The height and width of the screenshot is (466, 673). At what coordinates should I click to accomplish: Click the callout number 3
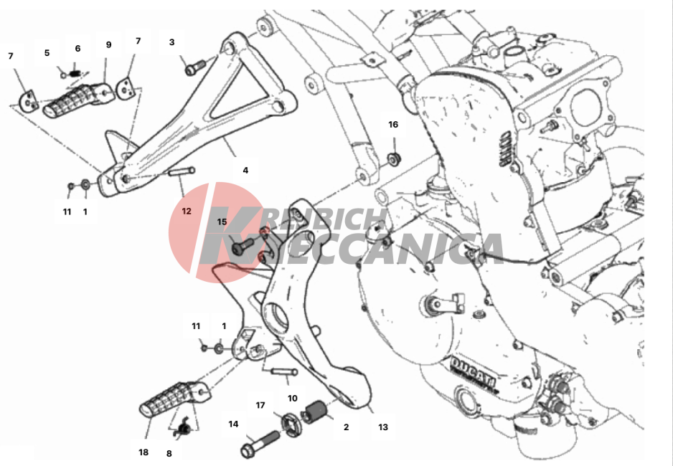click(171, 42)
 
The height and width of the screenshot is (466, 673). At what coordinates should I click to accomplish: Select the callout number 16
click(393, 124)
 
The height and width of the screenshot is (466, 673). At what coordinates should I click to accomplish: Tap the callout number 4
click(245, 170)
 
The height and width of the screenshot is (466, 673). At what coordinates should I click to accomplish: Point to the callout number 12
click(187, 211)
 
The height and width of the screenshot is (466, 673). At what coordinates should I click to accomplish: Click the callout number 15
click(222, 222)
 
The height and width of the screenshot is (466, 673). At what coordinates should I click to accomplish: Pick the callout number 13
click(383, 427)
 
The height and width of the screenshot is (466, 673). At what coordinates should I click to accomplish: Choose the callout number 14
click(233, 424)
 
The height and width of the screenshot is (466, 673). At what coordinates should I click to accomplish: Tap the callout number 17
click(260, 405)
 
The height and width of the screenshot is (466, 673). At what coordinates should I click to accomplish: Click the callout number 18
click(143, 452)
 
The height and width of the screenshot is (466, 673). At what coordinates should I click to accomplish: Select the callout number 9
click(108, 44)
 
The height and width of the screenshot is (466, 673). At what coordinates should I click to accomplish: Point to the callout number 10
click(292, 399)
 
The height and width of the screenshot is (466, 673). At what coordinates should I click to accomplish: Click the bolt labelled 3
click(195, 67)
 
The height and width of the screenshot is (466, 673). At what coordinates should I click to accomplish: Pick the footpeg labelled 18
click(174, 399)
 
